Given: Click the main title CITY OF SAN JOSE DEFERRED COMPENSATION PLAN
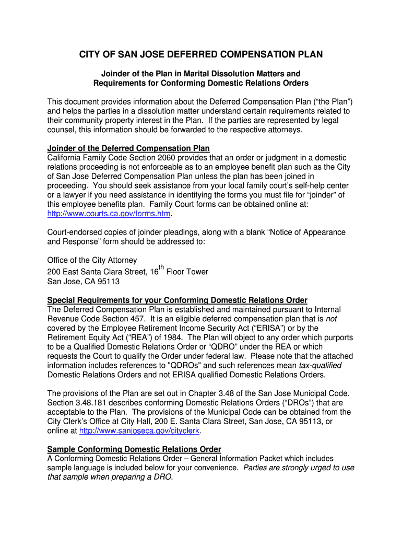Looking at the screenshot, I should coord(200,54).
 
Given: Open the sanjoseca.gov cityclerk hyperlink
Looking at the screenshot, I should coord(139,431).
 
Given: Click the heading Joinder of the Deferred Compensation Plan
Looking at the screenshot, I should coord(128,148).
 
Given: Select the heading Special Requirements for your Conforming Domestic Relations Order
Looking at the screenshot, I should coord(177,300).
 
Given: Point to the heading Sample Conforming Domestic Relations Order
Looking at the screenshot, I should coord(134,449).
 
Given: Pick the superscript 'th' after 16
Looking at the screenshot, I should coord(161,268).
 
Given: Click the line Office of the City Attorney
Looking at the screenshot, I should coord(92,260).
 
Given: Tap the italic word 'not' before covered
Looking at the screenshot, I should coord(331,319).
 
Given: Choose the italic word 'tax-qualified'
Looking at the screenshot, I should coord(320,365).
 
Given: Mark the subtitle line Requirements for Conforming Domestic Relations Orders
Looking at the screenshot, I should coord(200,83).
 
